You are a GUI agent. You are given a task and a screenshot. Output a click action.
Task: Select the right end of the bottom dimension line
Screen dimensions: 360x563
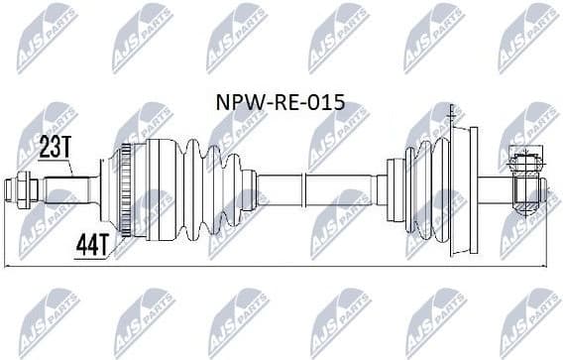click(543, 265)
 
